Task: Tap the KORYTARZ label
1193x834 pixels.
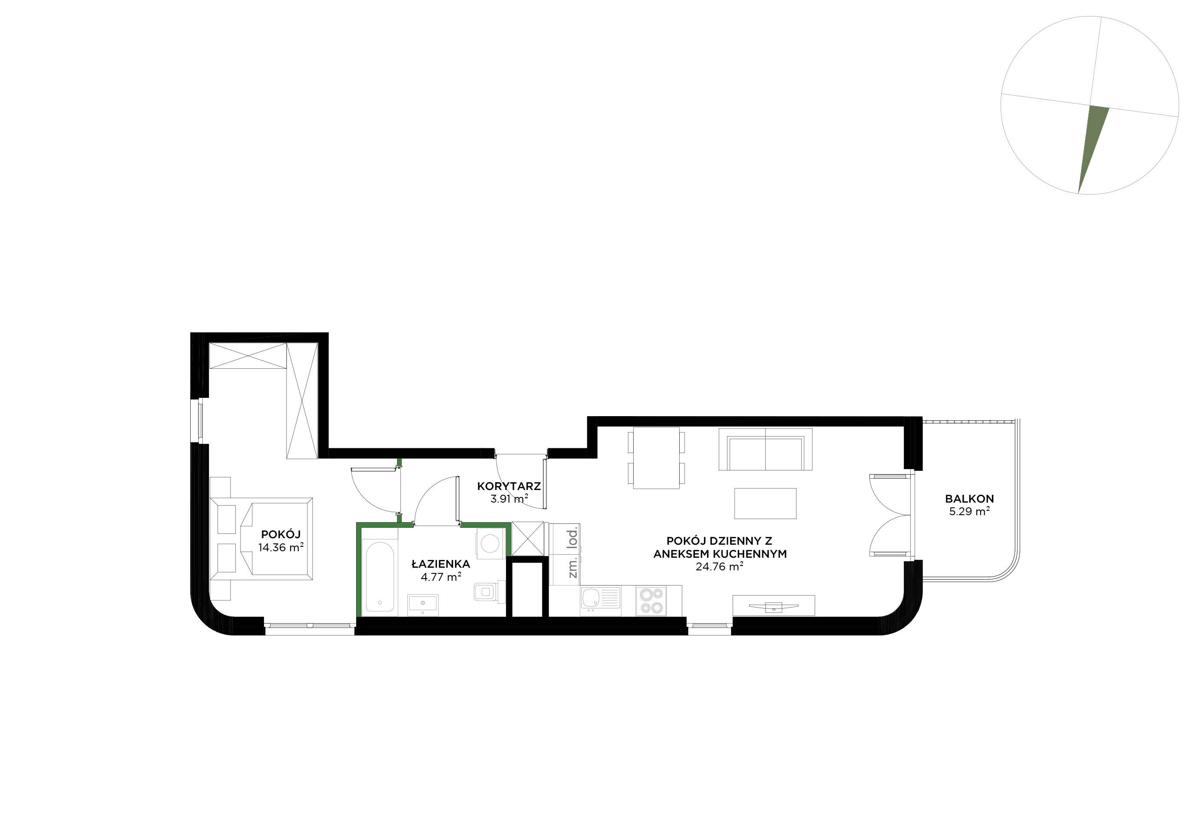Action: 509,487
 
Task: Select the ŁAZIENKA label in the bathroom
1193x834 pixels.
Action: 441,564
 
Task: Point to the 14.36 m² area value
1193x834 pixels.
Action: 281,547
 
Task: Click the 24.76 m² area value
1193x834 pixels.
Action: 719,567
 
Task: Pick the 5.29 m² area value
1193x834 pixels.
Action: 969,512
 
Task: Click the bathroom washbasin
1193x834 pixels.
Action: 423,605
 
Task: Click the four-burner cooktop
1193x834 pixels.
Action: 651,601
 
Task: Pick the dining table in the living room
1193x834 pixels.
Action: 656,458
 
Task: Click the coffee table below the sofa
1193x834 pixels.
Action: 765,503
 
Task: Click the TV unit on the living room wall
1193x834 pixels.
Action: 773,606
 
